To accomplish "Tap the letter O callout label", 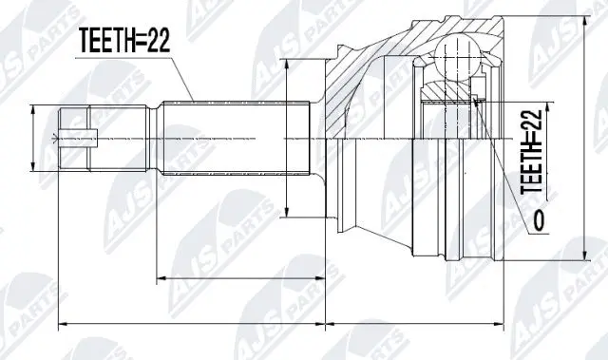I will (x=539, y=222).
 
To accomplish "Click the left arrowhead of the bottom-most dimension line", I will (x=63, y=326).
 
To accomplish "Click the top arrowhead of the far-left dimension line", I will (x=35, y=109).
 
